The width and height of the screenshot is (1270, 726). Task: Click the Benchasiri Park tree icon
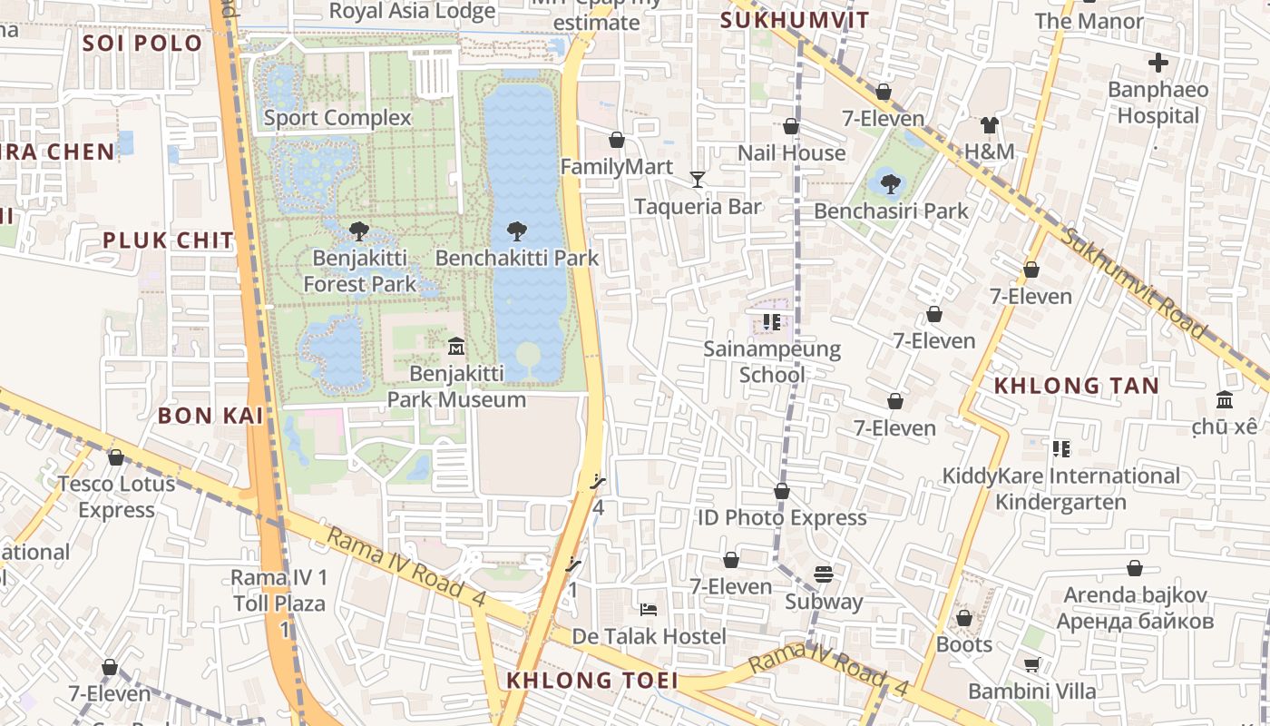tap(890, 183)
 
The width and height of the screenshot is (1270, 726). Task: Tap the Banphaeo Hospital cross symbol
tap(1158, 63)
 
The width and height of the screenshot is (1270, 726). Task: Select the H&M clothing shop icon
tap(989, 124)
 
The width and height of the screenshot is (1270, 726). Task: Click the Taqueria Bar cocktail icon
tap(697, 179)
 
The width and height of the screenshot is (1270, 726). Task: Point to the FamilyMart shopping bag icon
tap(617, 140)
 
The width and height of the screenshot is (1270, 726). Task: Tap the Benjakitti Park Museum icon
tap(455, 346)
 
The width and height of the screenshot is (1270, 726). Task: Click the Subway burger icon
tap(824, 574)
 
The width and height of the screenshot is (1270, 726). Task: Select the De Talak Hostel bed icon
tap(648, 608)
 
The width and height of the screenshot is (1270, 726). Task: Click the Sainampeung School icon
tap(772, 321)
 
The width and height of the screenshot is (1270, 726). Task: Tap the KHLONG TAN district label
tap(1076, 386)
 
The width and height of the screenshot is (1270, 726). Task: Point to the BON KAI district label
tap(210, 416)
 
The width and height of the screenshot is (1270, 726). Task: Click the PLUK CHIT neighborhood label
tap(168, 240)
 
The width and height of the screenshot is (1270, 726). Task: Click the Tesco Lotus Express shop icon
tap(116, 457)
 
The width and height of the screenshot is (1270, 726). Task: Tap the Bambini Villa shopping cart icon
tap(1031, 664)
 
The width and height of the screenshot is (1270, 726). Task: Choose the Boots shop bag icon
tap(963, 618)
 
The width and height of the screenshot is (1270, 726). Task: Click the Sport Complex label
tap(337, 118)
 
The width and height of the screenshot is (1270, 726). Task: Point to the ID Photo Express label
tap(782, 517)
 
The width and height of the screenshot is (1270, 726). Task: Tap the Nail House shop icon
tap(791, 126)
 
